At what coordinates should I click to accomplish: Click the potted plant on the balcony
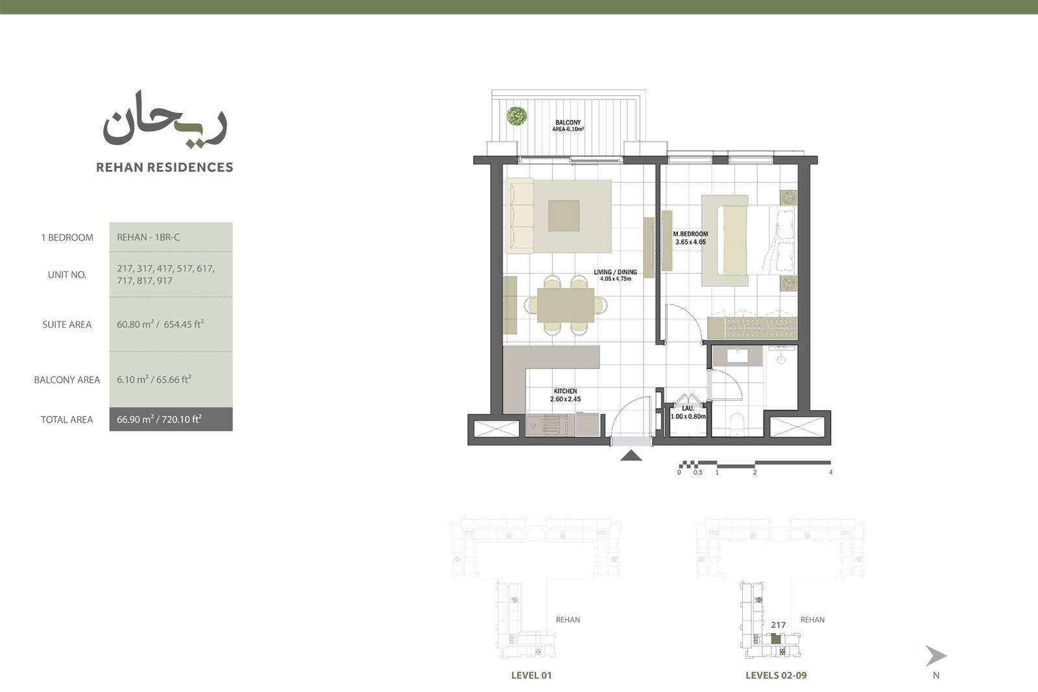pyautogui.click(x=516, y=116)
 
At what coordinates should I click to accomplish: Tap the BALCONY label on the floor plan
pyautogui.click(x=568, y=123)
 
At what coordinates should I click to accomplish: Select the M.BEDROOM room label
pyautogui.click(x=690, y=234)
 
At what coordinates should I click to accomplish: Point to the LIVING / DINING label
pyautogui.click(x=616, y=272)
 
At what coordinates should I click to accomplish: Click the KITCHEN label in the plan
pyautogui.click(x=565, y=391)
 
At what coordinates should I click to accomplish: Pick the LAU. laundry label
pyautogui.click(x=688, y=408)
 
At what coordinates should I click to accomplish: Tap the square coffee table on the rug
pyautogui.click(x=564, y=216)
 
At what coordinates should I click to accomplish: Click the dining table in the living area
pyautogui.click(x=565, y=305)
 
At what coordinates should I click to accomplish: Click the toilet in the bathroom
pyautogui.click(x=736, y=424)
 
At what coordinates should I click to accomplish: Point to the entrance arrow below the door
pyautogui.click(x=631, y=456)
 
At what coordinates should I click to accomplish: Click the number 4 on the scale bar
pyautogui.click(x=830, y=473)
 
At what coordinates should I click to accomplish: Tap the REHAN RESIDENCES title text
pyautogui.click(x=165, y=167)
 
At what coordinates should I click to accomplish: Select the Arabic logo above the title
pyautogui.click(x=165, y=119)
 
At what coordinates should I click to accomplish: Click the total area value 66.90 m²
pyautogui.click(x=135, y=419)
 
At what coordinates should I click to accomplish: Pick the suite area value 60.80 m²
pyautogui.click(x=135, y=324)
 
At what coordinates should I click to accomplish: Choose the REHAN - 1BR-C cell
pyautogui.click(x=171, y=237)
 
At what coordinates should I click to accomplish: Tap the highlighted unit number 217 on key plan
pyautogui.click(x=778, y=625)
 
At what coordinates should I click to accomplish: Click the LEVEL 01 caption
pyautogui.click(x=531, y=675)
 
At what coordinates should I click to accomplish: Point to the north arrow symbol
pyautogui.click(x=935, y=656)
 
